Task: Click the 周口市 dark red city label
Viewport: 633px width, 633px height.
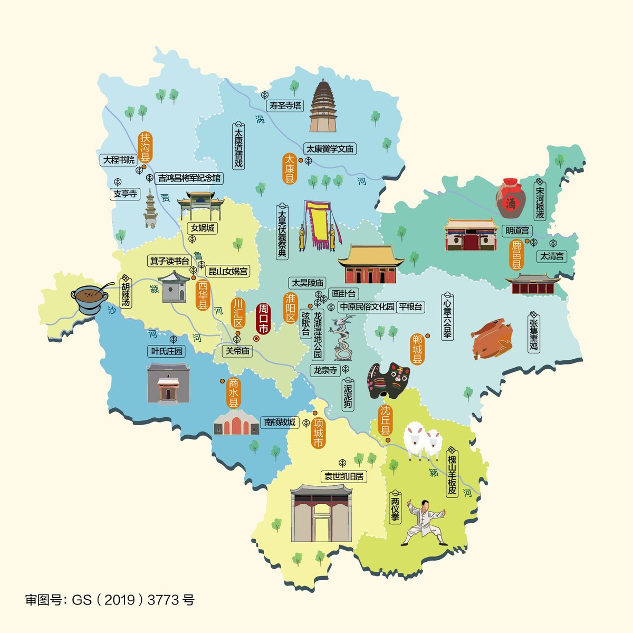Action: (x=263, y=319)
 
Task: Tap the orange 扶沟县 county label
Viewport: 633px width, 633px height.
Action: (x=145, y=147)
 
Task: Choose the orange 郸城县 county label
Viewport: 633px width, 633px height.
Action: (x=417, y=350)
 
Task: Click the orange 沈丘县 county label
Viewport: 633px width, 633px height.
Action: (x=386, y=420)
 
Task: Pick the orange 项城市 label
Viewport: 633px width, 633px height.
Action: (x=318, y=433)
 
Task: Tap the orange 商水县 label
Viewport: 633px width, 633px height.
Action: (x=233, y=393)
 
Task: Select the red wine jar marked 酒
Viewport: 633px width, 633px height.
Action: (x=509, y=199)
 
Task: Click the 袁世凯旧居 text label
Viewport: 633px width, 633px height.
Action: (x=344, y=476)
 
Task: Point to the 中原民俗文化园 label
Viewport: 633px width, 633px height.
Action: (x=367, y=306)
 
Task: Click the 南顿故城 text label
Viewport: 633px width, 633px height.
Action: (x=280, y=422)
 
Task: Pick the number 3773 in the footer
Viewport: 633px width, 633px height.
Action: (x=164, y=600)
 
